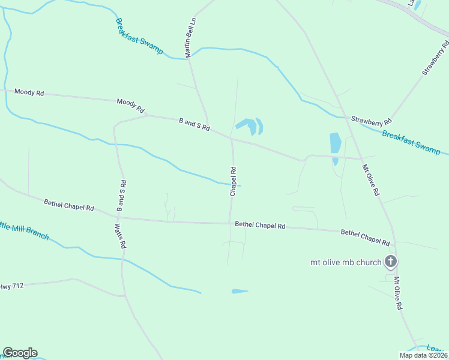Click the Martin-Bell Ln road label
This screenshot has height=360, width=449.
[x=191, y=38]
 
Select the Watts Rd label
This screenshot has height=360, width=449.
[x=119, y=236]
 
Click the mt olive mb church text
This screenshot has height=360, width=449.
[x=346, y=262]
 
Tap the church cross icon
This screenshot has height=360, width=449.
[x=391, y=261]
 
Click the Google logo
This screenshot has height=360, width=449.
[x=20, y=353]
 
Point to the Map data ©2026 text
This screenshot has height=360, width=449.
[x=423, y=355]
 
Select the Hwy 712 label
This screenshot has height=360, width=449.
[x=12, y=286]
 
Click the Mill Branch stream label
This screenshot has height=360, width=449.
[x=24, y=230]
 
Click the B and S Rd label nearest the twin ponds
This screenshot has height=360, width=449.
[x=194, y=124]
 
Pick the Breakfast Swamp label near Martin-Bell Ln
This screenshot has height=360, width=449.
[x=139, y=36]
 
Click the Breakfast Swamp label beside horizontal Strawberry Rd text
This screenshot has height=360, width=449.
[x=411, y=140]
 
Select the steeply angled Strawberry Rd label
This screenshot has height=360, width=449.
[x=435, y=58]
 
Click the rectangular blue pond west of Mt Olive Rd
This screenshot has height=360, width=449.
[x=335, y=143]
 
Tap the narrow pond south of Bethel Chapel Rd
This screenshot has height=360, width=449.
[x=240, y=292]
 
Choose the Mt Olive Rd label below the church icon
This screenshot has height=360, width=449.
[x=397, y=293]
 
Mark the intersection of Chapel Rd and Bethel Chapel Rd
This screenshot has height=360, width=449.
[x=231, y=223]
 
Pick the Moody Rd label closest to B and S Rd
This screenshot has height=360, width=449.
[x=131, y=106]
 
